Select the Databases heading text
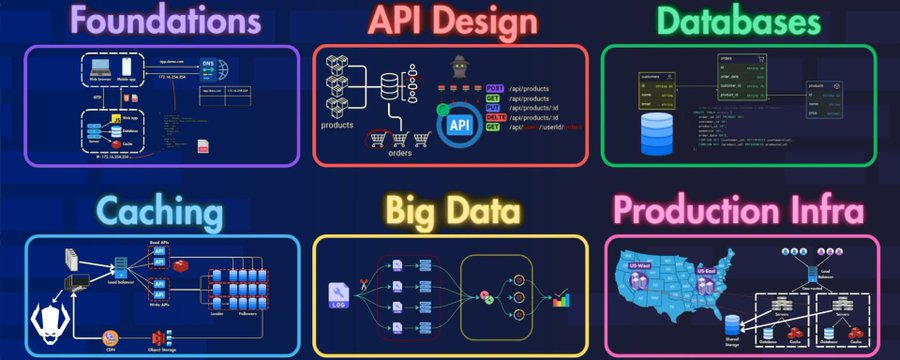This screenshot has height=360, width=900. [x=740, y=22]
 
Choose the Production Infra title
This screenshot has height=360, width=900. [x=739, y=212]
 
